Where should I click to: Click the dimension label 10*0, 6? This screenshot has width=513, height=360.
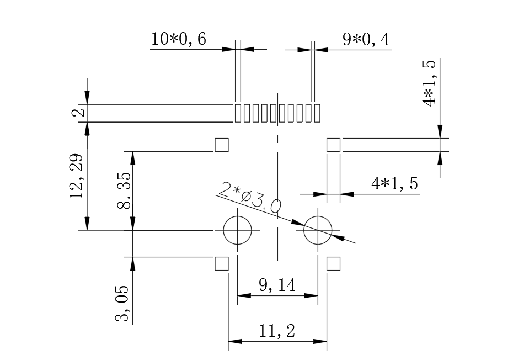(x=178, y=40)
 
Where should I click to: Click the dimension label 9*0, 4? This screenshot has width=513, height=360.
(x=365, y=40)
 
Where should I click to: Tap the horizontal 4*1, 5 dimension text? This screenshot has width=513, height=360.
(x=395, y=184)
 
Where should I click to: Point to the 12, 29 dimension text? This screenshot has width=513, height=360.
(x=77, y=175)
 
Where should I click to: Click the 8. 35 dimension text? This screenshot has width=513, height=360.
(x=124, y=190)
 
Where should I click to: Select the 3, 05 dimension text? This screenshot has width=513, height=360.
(x=122, y=303)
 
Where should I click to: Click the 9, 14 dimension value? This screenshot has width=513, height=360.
(x=277, y=285)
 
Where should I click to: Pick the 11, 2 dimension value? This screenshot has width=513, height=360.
(x=277, y=331)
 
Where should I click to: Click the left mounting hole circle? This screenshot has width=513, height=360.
(x=237, y=230)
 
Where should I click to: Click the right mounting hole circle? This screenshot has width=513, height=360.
(x=318, y=230)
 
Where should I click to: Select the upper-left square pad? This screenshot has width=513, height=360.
(x=221, y=145)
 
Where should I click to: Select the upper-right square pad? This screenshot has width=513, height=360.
(x=334, y=145)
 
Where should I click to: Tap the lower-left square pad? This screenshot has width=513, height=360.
(x=221, y=263)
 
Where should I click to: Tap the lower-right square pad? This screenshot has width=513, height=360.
(x=334, y=263)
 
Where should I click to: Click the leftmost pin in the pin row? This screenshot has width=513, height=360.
(x=238, y=113)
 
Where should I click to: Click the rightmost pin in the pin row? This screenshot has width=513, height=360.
(x=317, y=113)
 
